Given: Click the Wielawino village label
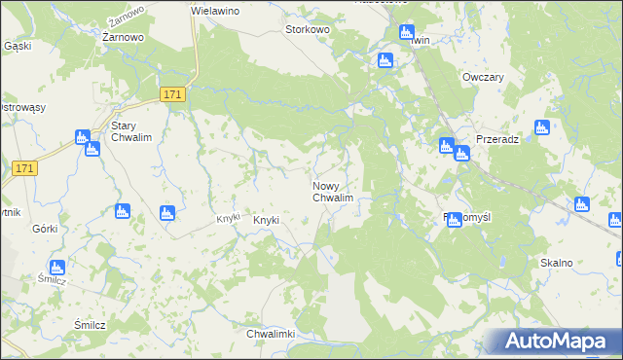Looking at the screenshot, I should tap(215, 10).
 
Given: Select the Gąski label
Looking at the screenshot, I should tap(18, 46).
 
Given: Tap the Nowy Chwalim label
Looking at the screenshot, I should tap(331, 192).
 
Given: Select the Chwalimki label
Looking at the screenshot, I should tap(271, 334).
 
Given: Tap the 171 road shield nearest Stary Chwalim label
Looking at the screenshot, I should tap(172, 93).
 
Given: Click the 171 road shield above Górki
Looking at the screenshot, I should tap(26, 168).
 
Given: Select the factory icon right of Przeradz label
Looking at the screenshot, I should tap(542, 127).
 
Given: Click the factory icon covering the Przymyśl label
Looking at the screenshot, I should tap(455, 221).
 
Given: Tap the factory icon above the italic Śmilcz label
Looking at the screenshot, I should tap(57, 267).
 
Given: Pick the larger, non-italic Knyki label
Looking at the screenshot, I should tap(267, 221).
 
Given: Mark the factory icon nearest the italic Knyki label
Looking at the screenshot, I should tap(165, 212).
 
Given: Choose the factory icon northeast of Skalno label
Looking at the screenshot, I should tap(582, 204).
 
